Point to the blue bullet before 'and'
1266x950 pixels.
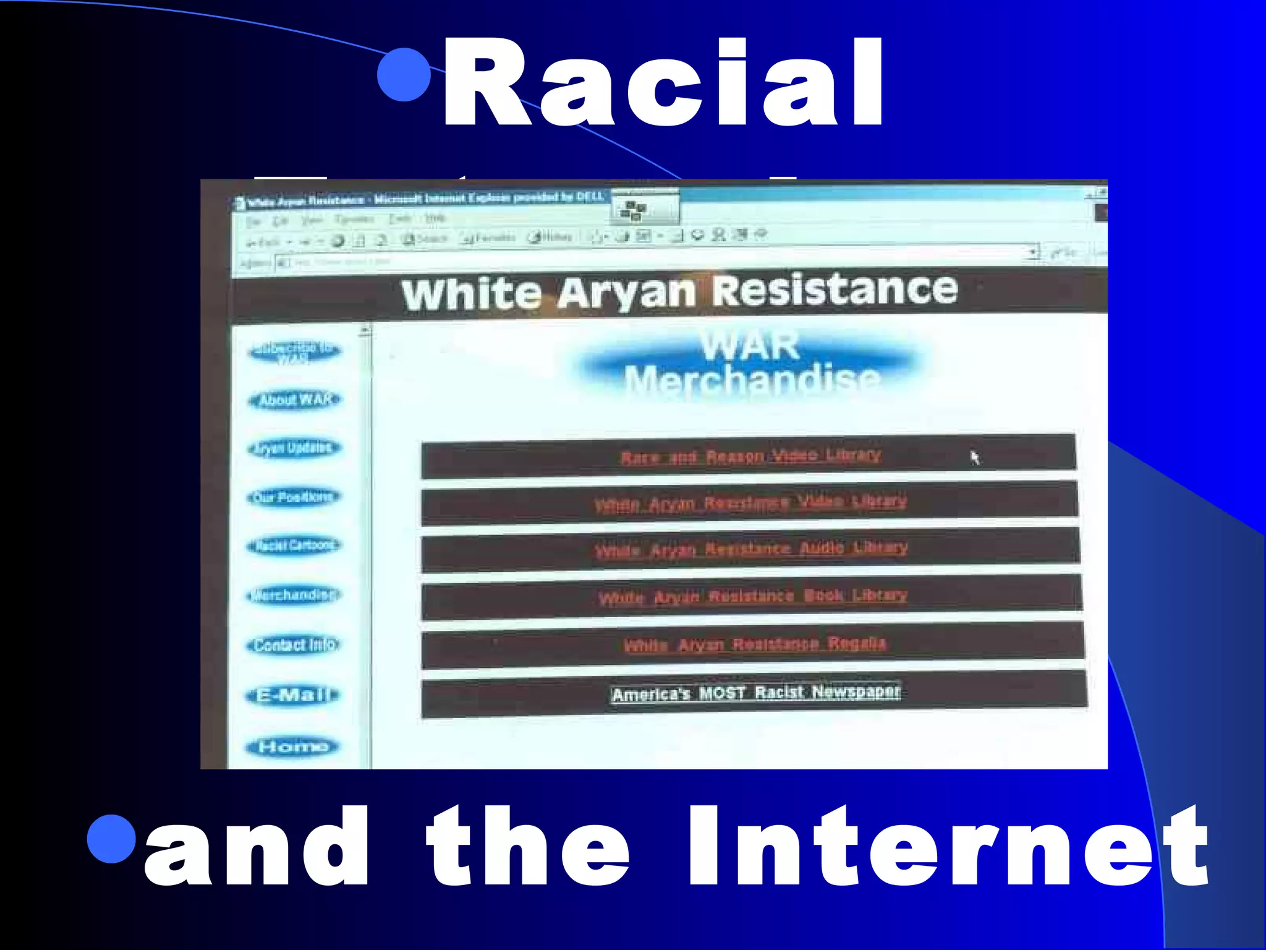pos(111,839)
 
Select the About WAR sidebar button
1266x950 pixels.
pos(295,400)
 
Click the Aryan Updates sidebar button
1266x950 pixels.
pos(294,448)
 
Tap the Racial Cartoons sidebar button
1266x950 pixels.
pos(294,546)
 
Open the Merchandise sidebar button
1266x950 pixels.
pos(294,595)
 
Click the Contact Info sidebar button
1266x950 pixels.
pos(294,645)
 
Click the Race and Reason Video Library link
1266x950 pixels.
pos(750,456)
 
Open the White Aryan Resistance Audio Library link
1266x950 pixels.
pos(751,549)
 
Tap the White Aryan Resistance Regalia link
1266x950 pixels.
pos(754,644)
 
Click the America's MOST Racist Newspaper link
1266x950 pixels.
pos(755,693)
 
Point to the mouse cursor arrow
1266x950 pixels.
pos(974,457)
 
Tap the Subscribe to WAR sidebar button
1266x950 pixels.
pos(294,351)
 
